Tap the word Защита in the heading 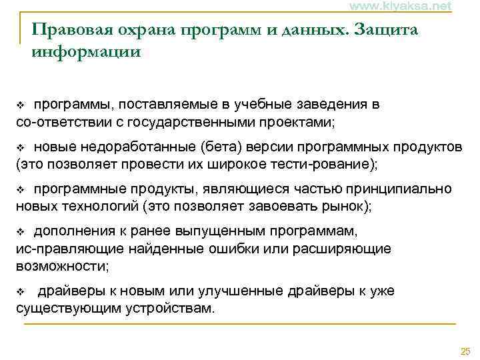point(387,30)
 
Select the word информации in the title point(86,51)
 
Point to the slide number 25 point(465,351)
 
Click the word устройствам point(169,308)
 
